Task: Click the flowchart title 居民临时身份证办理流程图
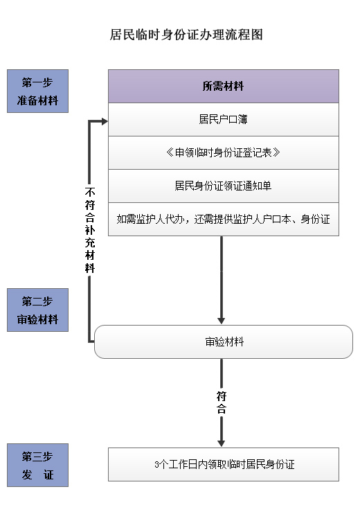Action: [186, 35]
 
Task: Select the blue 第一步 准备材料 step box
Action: [37, 91]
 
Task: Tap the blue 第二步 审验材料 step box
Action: [37, 310]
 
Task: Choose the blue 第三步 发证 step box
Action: [37, 465]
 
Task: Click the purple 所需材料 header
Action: [224, 87]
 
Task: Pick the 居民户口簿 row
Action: [224, 119]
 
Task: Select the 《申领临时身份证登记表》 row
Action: [224, 152]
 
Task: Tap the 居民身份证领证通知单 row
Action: [224, 186]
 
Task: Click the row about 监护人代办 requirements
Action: [224, 219]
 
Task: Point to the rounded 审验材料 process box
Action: [224, 342]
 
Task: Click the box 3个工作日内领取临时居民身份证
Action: [224, 464]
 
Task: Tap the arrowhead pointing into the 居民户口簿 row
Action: [105, 121]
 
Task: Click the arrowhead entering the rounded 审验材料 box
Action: [222, 321]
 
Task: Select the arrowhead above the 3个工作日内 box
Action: [222, 443]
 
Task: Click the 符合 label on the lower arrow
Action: [222, 402]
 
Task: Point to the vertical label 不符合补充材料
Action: [90, 230]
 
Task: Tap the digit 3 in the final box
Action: [157, 464]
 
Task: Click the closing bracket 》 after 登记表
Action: [276, 152]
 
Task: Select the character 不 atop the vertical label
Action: [90, 193]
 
